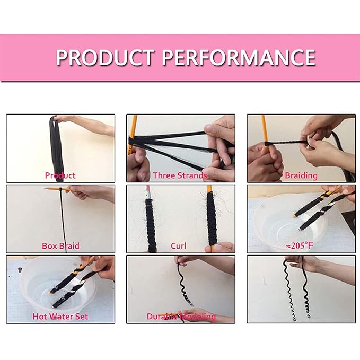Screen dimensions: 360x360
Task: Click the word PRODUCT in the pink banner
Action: point(104,57)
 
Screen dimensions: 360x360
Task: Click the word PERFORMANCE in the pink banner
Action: point(239,57)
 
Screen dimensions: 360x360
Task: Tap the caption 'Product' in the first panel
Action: point(60,175)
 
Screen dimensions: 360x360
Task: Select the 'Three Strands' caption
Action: point(180,175)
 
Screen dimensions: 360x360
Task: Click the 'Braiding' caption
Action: point(301,175)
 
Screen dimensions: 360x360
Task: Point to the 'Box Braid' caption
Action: point(60,246)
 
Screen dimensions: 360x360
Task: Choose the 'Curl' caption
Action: point(178,246)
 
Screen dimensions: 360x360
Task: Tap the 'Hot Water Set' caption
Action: point(60,317)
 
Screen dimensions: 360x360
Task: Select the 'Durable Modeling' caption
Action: point(181,317)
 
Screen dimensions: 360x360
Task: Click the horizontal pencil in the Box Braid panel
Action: point(58,189)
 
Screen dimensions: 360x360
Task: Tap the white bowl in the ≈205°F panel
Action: point(286,225)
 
